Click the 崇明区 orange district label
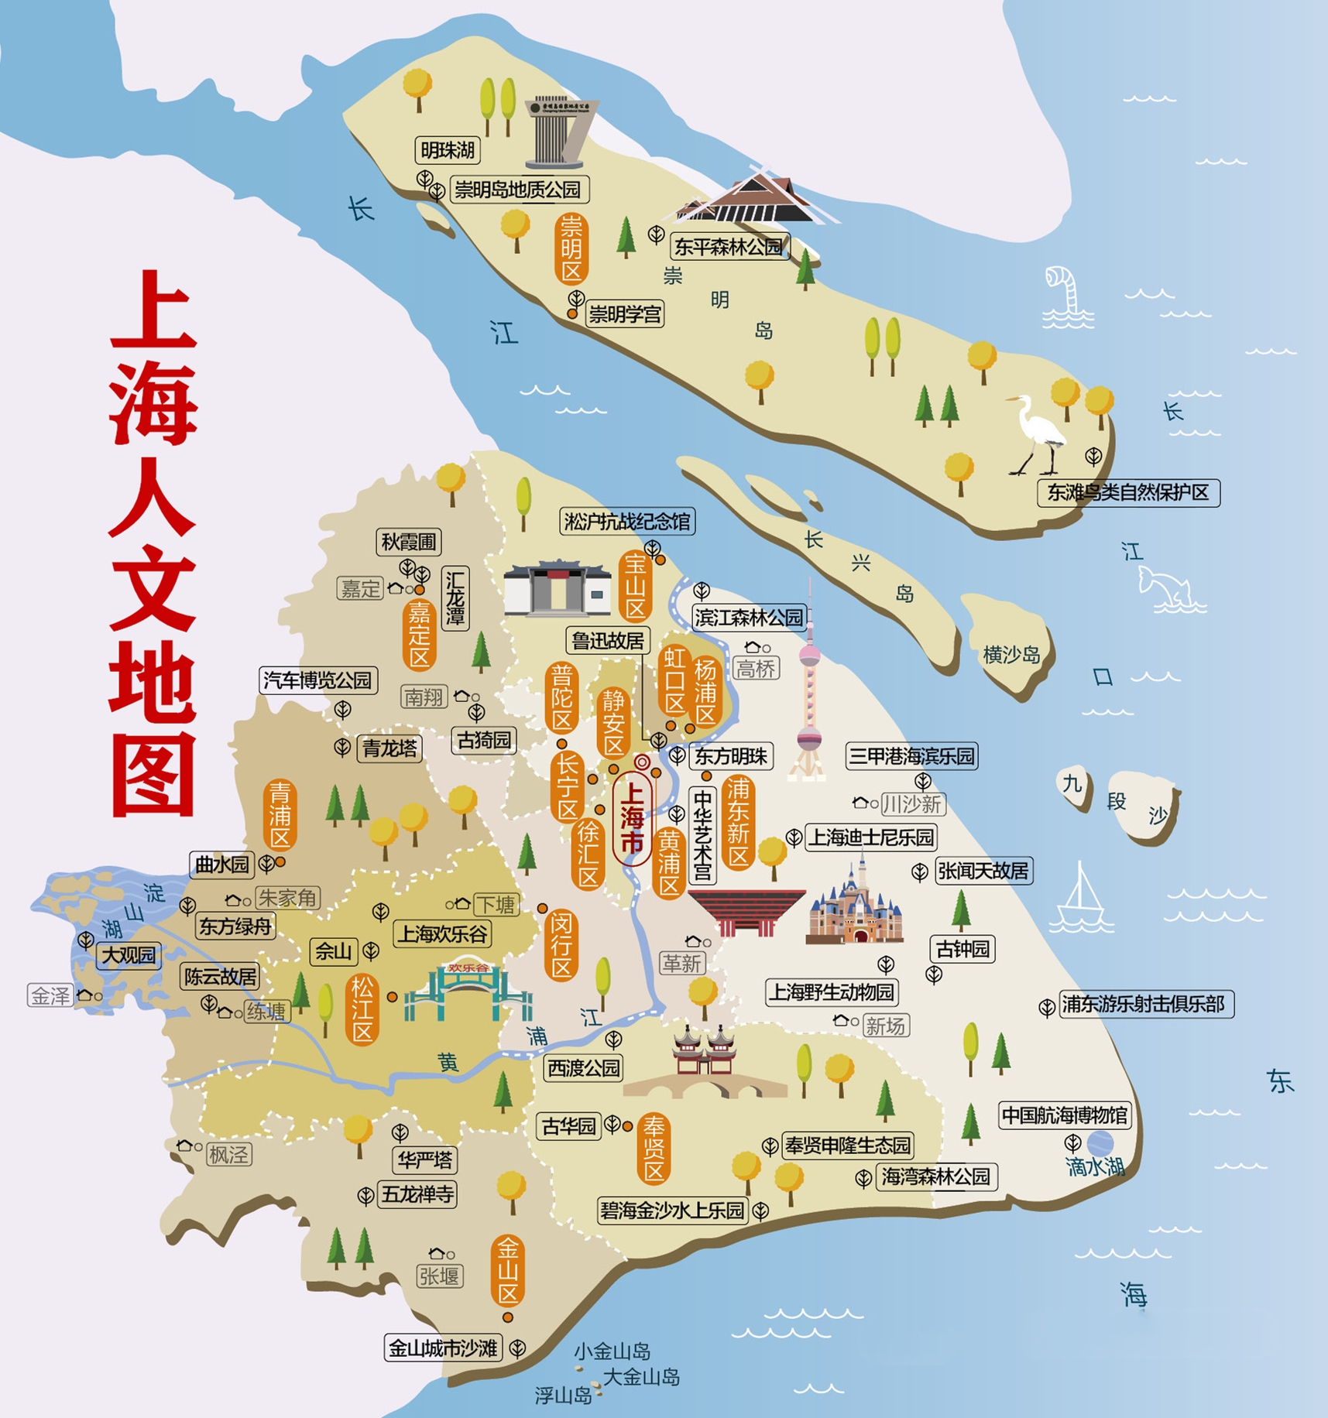(x=571, y=248)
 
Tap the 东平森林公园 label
(x=729, y=247)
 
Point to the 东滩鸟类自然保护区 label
(x=1128, y=492)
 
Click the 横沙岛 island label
(x=1011, y=655)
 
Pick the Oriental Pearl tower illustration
(x=808, y=697)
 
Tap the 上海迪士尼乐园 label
(x=871, y=837)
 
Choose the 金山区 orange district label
(x=508, y=1270)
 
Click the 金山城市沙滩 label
(x=443, y=1348)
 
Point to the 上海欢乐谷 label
(x=443, y=934)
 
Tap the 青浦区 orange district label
(x=280, y=815)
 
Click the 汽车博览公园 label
(x=317, y=680)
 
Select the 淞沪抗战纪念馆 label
(x=627, y=521)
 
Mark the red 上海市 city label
(x=633, y=817)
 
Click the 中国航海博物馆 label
(x=1065, y=1115)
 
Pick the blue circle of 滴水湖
(x=1100, y=1143)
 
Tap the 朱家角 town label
(x=287, y=898)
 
